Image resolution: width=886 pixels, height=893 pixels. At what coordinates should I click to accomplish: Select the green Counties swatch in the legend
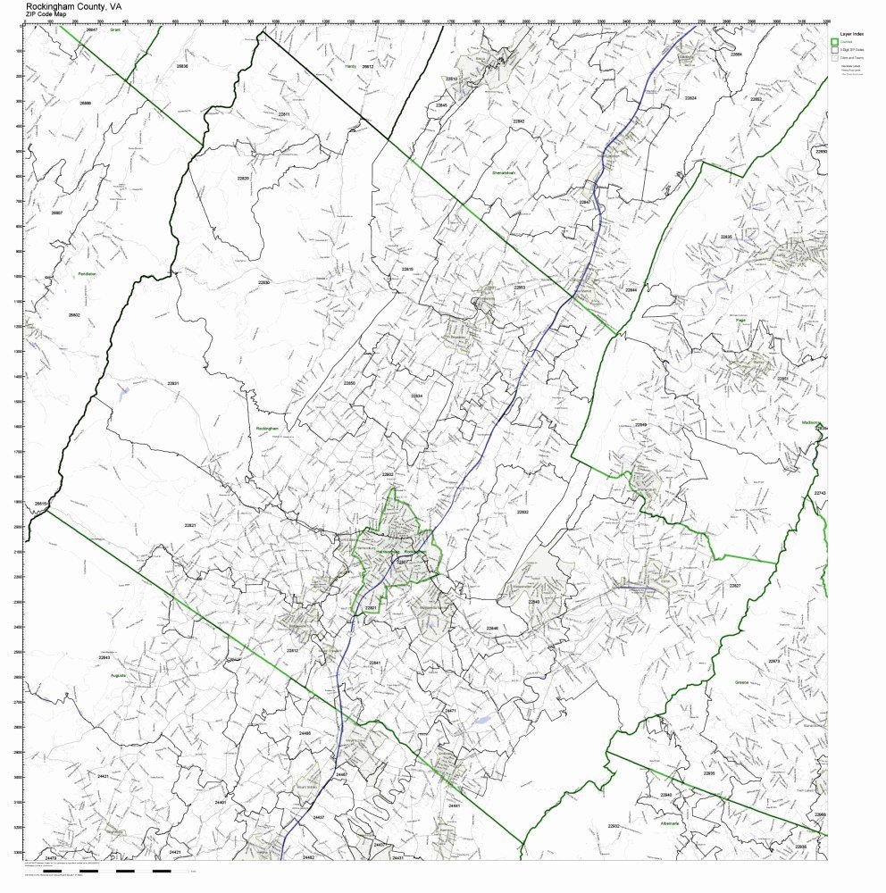(834, 41)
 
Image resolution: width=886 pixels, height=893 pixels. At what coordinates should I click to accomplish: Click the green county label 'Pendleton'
(87, 273)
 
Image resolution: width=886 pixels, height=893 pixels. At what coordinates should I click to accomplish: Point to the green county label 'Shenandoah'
(505, 172)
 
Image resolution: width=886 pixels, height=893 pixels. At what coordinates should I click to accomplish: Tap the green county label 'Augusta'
(118, 675)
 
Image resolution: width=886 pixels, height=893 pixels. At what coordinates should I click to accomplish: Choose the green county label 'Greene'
(742, 682)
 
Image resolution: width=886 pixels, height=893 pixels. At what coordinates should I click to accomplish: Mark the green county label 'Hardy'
(350, 66)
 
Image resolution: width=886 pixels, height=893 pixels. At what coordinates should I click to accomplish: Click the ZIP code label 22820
(243, 179)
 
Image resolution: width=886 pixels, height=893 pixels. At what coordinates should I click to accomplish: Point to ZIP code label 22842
(519, 121)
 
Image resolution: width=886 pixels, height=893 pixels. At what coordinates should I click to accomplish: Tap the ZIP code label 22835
(726, 237)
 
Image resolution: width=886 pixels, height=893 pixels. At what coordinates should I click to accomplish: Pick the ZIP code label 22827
(735, 585)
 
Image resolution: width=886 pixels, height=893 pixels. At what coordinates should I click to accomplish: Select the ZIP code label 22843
(104, 657)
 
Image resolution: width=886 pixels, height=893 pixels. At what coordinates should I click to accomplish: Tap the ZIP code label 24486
(305, 733)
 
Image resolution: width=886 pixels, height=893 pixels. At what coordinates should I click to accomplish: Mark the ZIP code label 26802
(74, 314)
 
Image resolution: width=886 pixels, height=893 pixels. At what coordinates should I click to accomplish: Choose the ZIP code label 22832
(522, 512)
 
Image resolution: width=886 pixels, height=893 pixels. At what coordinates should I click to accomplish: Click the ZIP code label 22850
(349, 382)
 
